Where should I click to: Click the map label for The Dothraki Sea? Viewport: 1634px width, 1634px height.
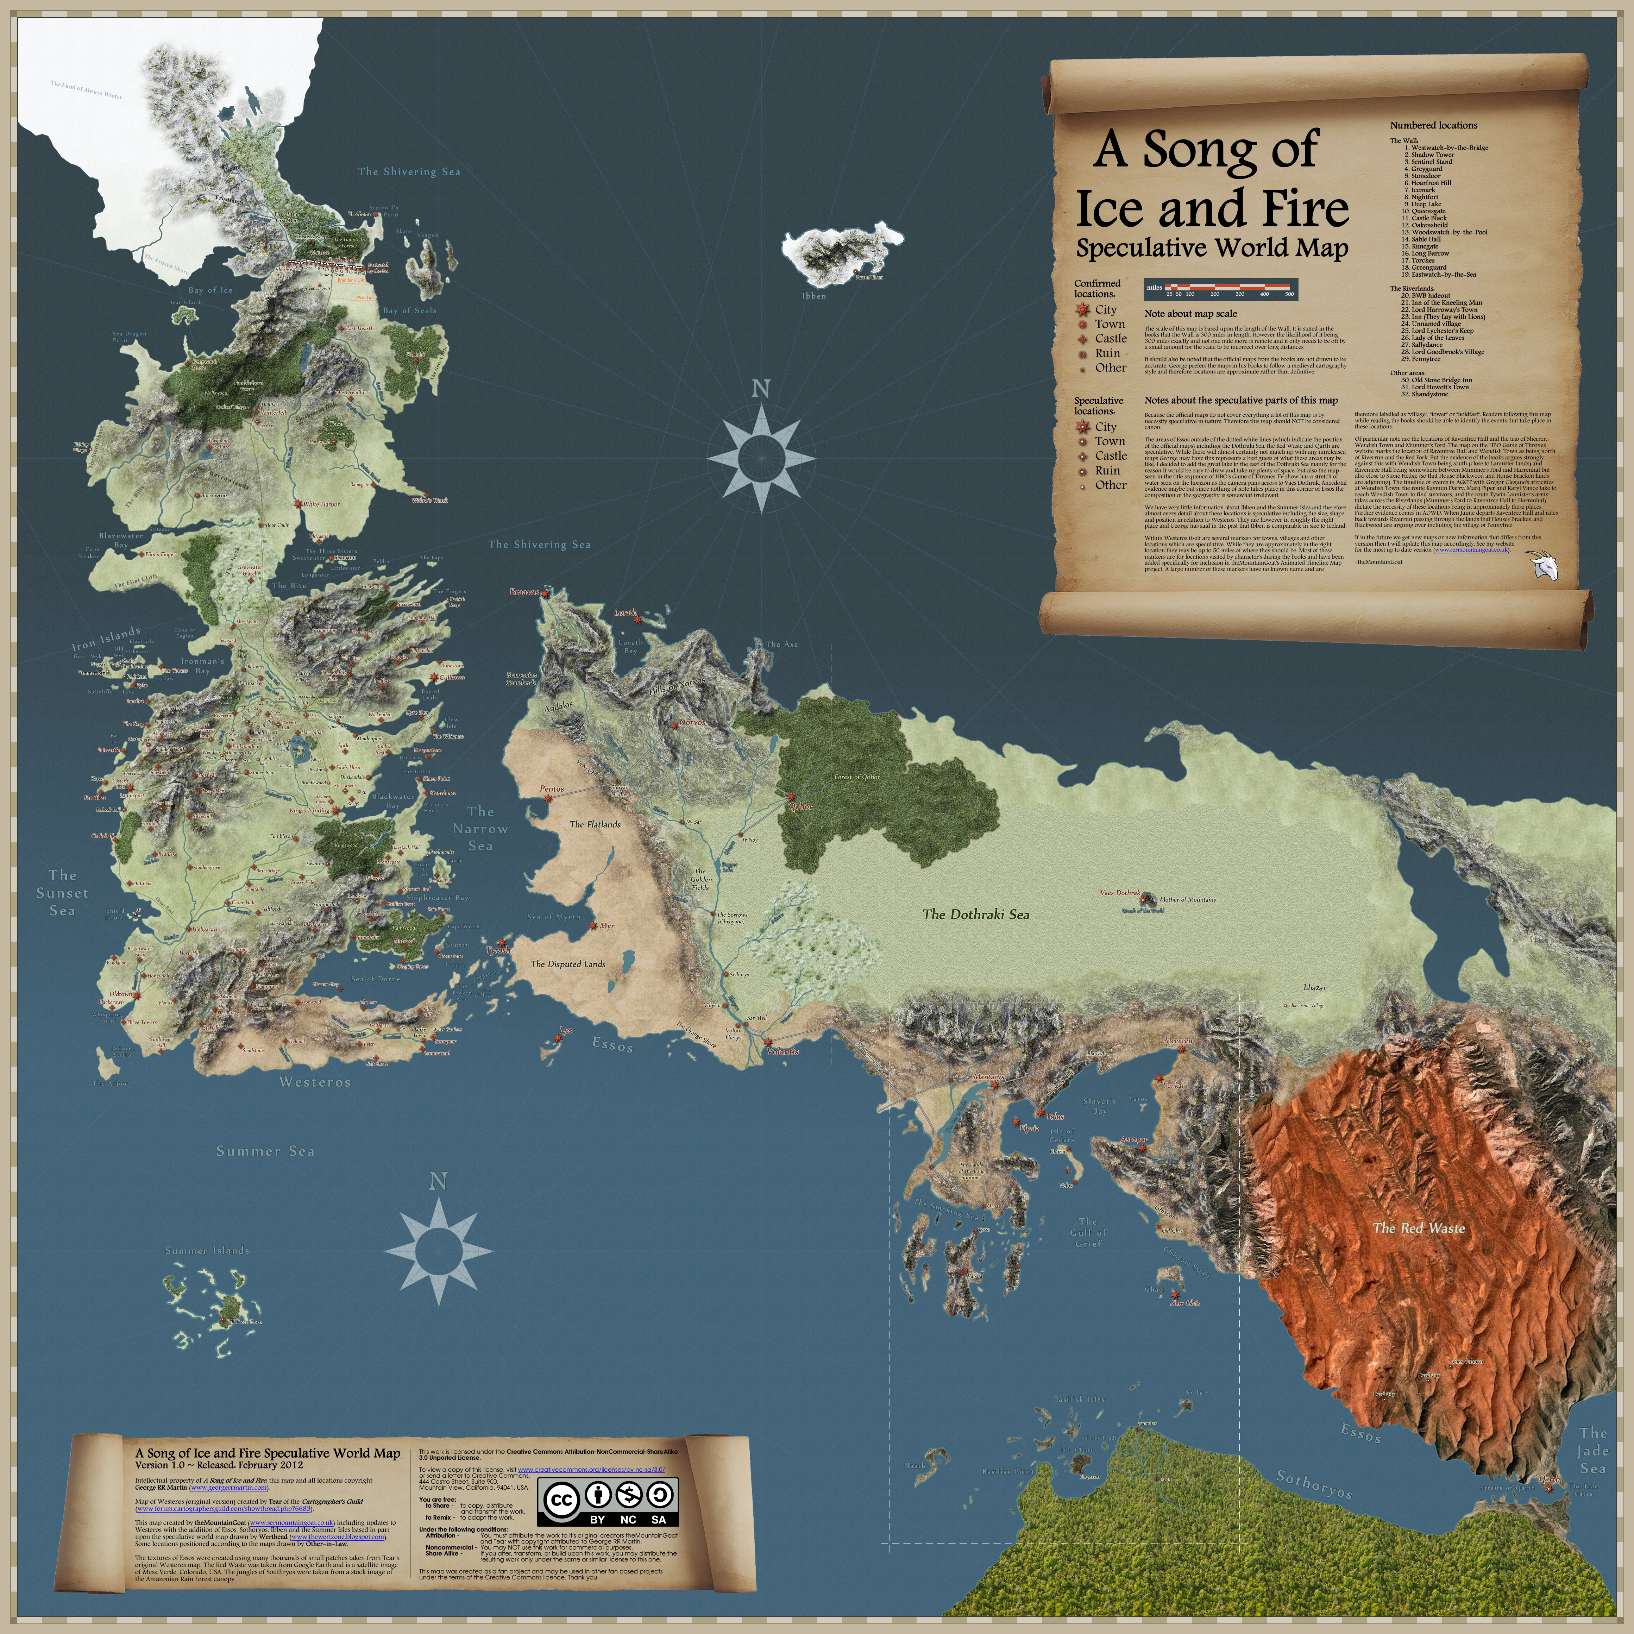pos(976,914)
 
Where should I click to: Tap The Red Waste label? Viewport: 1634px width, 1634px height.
pos(1418,1228)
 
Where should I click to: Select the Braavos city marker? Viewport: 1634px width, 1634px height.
pos(546,594)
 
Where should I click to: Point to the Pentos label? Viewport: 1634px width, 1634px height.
pos(552,788)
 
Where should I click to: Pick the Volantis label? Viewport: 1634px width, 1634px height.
pos(782,1051)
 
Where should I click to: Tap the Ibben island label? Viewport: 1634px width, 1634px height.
pos(813,296)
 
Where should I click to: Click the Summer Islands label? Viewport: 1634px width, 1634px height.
pos(207,1250)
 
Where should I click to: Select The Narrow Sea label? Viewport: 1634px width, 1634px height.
pos(479,829)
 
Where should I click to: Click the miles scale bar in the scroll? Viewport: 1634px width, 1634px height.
pos(1220,289)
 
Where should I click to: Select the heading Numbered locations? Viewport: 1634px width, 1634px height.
pos(1434,125)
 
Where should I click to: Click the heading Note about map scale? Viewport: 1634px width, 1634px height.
pos(1190,314)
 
